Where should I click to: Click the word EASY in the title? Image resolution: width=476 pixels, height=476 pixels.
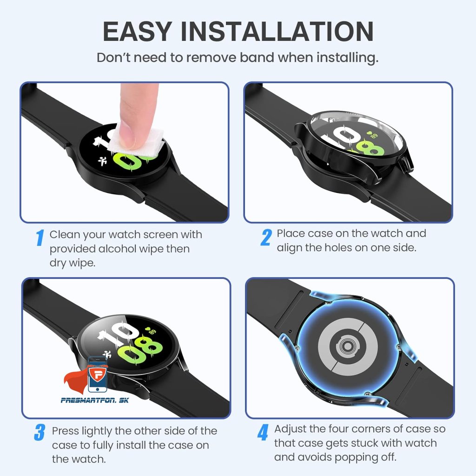click(138, 31)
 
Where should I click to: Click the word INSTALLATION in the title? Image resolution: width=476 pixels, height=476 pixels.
click(277, 31)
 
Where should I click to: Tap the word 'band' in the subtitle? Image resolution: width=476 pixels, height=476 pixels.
click(257, 57)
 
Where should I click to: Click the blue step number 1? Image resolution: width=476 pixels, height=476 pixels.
click(40, 238)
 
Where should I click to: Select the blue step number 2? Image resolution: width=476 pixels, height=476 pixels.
click(266, 237)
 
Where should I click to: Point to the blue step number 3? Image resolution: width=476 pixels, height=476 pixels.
click(40, 432)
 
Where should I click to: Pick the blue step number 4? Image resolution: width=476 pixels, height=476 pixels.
click(263, 432)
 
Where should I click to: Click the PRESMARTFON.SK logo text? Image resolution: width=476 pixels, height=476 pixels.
click(95, 400)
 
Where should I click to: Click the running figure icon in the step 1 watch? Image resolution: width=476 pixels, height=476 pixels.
click(102, 161)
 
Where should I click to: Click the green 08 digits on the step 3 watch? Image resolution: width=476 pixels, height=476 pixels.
click(140, 349)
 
